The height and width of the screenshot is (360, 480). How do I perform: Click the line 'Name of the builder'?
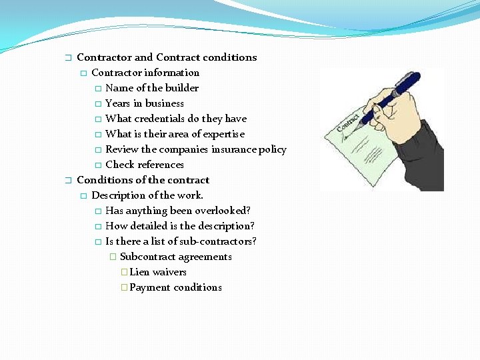coord(151,88)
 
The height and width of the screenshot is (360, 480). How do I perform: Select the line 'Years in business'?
coord(144,103)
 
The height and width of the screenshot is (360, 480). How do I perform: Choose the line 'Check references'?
coord(144,165)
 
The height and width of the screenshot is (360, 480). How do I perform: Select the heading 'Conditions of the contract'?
coord(143,180)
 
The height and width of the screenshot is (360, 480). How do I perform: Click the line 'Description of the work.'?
coord(147,195)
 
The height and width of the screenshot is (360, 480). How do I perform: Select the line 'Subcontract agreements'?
coord(175,257)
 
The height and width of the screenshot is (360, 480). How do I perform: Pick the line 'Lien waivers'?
coord(158,272)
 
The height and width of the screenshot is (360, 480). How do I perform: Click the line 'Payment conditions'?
coord(175,287)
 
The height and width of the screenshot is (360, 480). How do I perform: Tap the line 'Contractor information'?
coord(145,73)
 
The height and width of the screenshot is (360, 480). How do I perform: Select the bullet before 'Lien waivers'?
coord(124,272)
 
